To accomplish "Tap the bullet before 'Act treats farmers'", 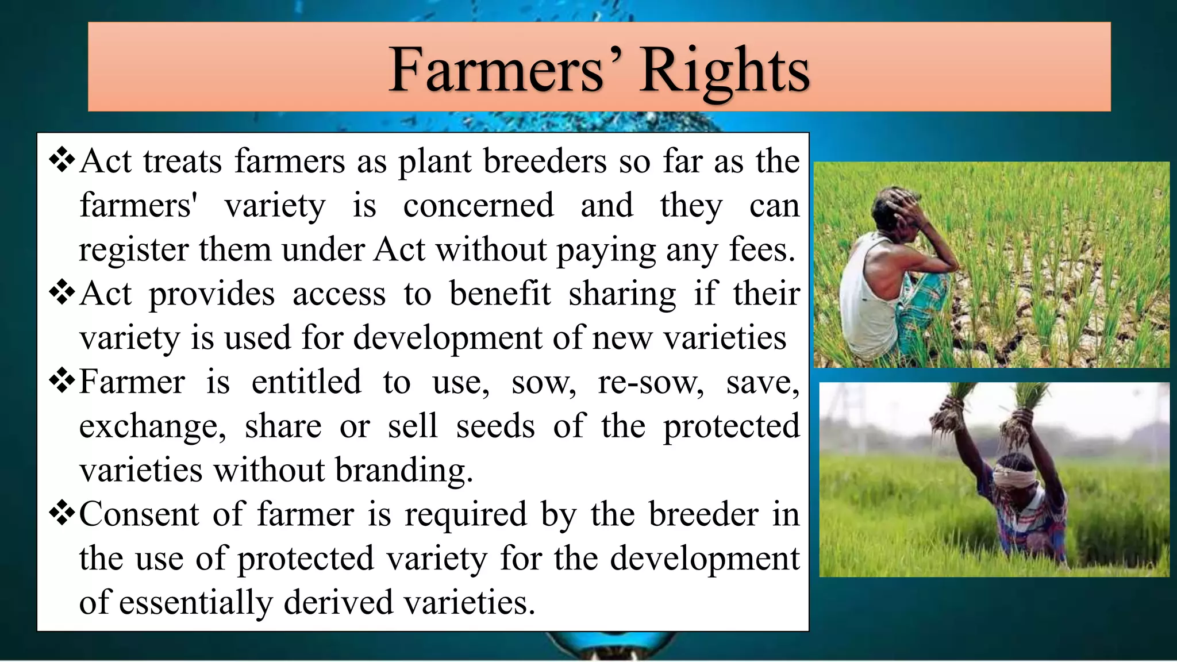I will (x=62, y=161).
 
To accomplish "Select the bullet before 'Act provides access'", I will (x=62, y=293).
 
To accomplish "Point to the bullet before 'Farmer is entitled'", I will (x=62, y=382).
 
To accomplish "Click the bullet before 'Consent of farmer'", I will (x=62, y=514).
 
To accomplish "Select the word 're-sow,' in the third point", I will (x=651, y=382).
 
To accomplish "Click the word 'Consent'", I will (x=139, y=514).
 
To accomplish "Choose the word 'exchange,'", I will (x=152, y=426).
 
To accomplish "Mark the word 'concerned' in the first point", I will (x=478, y=205).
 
